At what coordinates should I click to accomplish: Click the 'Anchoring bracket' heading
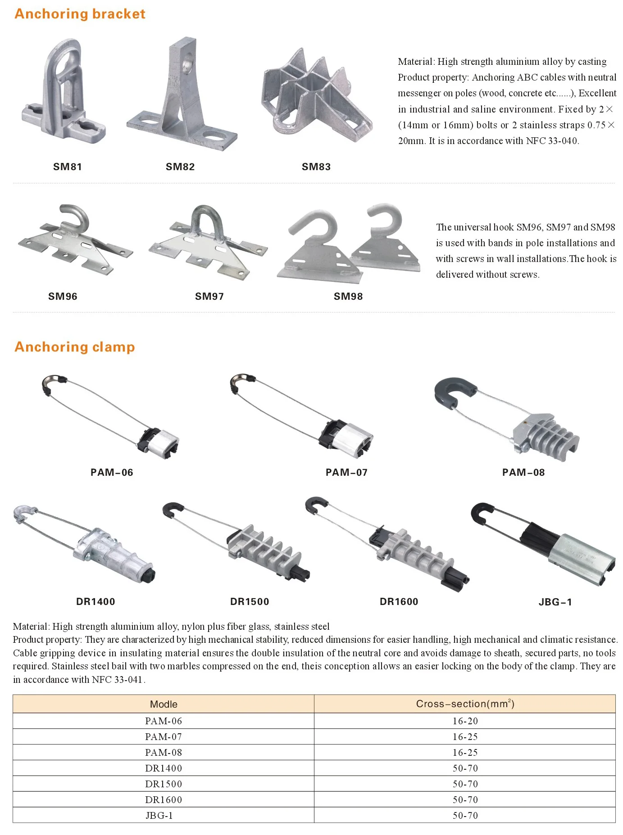80,14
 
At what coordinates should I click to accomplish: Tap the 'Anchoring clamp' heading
75,347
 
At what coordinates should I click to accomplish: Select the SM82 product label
180,167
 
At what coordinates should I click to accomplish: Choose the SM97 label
209,296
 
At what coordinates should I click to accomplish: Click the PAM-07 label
346,472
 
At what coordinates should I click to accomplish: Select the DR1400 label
95,601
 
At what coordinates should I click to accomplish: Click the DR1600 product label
399,601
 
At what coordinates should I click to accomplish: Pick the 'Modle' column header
164,704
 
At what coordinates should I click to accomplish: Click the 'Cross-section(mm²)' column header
465,704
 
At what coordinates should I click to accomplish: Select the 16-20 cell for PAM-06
465,721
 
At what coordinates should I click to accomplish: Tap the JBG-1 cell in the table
159,815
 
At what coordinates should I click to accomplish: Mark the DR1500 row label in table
164,784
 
